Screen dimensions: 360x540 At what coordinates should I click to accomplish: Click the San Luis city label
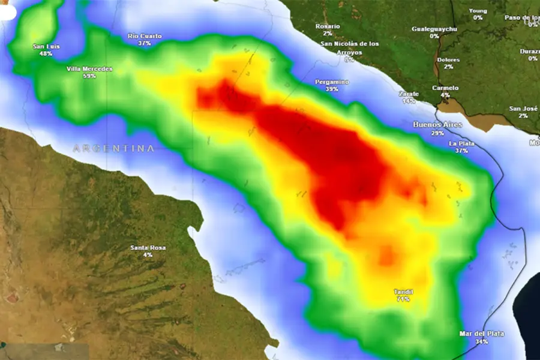coord(46,46)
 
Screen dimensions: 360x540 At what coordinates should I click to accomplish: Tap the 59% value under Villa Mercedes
coord(89,76)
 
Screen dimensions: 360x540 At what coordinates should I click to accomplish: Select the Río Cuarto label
coord(145,36)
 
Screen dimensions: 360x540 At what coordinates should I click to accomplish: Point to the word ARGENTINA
coord(114,148)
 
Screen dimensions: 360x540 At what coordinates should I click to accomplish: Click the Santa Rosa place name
coord(148,248)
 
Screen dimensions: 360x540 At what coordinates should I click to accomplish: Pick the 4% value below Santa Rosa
coord(148,255)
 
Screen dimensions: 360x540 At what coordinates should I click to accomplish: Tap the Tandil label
coord(403,292)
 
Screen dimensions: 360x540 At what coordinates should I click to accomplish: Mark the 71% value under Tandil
coord(403,299)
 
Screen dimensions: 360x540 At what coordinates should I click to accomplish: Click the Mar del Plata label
coord(481,334)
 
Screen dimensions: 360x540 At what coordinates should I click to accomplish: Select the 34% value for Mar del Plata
coord(481,341)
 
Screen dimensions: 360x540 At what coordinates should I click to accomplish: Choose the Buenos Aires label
coord(437,124)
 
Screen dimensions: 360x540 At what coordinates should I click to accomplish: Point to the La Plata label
coord(461,143)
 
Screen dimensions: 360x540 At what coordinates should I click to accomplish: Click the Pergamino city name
coord(332,81)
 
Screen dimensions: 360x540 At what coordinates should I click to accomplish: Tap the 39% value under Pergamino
coord(332,89)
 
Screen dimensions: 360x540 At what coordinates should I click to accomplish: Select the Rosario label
coord(328,26)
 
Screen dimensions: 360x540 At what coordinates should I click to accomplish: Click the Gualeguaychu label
coord(434,29)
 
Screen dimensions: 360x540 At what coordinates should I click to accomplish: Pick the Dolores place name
coord(448,60)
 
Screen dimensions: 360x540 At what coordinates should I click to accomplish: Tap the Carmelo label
coord(445,88)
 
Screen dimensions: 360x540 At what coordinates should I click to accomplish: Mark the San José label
coord(523,109)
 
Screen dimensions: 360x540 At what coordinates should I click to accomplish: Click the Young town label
coord(478,11)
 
